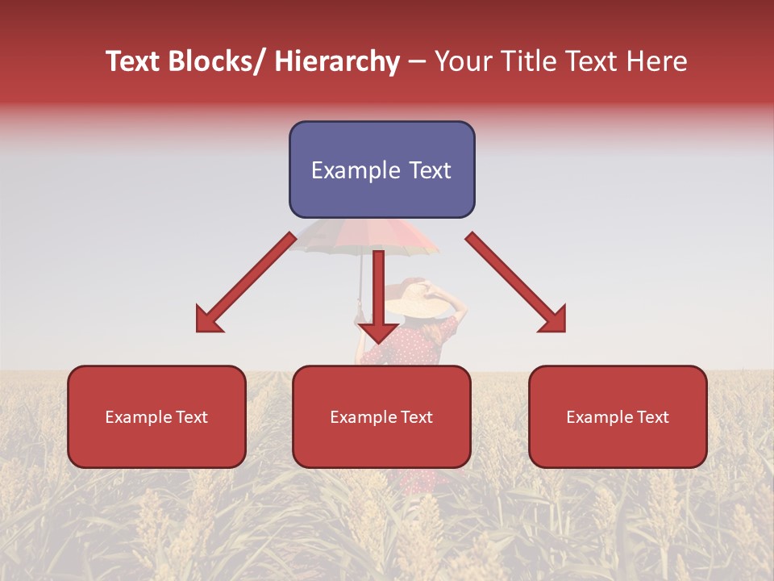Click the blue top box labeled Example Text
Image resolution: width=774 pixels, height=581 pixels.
point(381,169)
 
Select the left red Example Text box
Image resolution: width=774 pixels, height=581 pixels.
point(156,416)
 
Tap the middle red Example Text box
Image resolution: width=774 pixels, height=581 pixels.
point(381,416)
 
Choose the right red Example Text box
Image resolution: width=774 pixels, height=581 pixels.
point(618,416)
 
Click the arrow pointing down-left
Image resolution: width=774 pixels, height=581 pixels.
point(246,282)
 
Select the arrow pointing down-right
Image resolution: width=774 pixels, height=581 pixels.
point(516,282)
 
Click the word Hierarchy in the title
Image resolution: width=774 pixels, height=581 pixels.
point(337,61)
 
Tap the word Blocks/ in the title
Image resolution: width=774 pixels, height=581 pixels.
point(216,61)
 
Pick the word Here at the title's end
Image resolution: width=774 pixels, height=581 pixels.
point(656,61)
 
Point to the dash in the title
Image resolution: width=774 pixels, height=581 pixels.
point(417,62)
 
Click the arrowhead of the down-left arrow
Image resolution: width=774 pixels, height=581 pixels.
point(208,320)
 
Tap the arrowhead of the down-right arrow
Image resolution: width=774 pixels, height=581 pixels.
point(553,320)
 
